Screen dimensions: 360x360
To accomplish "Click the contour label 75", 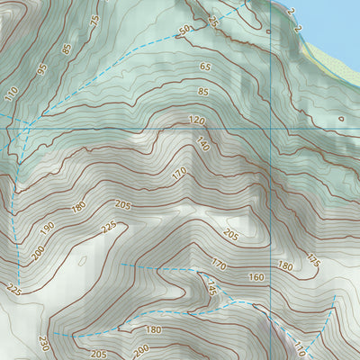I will click(94, 22).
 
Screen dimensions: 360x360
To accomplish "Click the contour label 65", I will click(205, 67).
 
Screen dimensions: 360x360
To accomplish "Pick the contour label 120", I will click(197, 120).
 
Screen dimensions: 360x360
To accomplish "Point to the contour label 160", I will click(256, 277).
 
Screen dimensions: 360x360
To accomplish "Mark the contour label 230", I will click(43, 343).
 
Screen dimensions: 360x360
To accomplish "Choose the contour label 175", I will click(313, 261).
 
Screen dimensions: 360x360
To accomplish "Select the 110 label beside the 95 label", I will click(12, 92).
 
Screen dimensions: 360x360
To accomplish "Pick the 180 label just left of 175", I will click(285, 265).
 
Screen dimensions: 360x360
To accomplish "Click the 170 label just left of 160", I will click(218, 264).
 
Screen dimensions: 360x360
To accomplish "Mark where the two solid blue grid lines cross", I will click(269, 128).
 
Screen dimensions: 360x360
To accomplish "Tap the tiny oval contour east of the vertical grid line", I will click(340, 118).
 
